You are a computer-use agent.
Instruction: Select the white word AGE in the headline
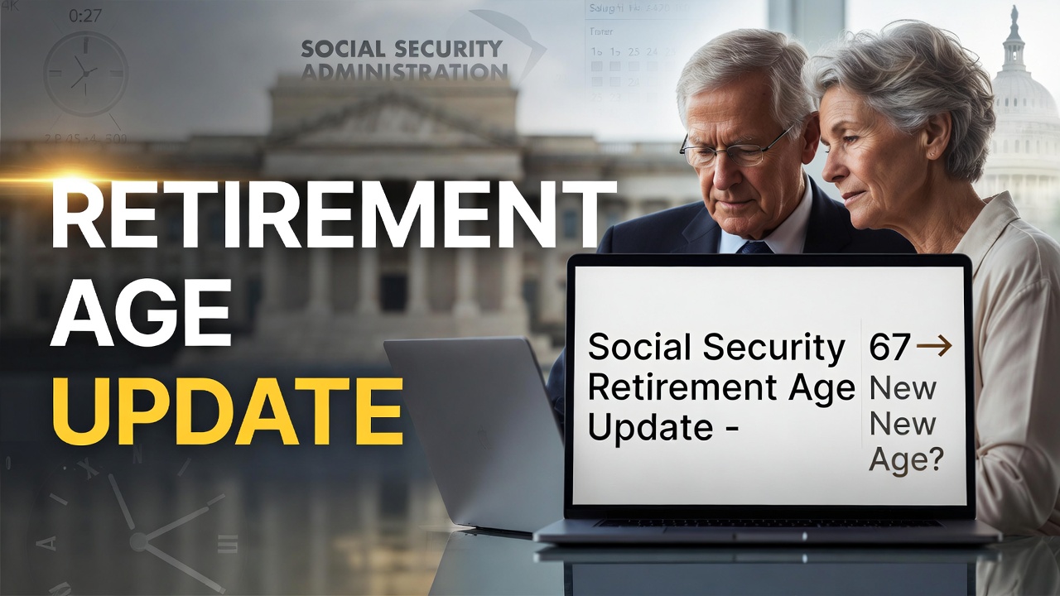[141, 314]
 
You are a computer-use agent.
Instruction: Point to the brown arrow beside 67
[934, 348]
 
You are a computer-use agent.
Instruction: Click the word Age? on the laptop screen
[906, 459]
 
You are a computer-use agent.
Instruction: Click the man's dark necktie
[753, 247]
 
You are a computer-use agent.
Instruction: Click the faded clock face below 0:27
[85, 74]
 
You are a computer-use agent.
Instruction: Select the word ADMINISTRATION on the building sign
[404, 72]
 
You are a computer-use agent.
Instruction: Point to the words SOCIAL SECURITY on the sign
[402, 48]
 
